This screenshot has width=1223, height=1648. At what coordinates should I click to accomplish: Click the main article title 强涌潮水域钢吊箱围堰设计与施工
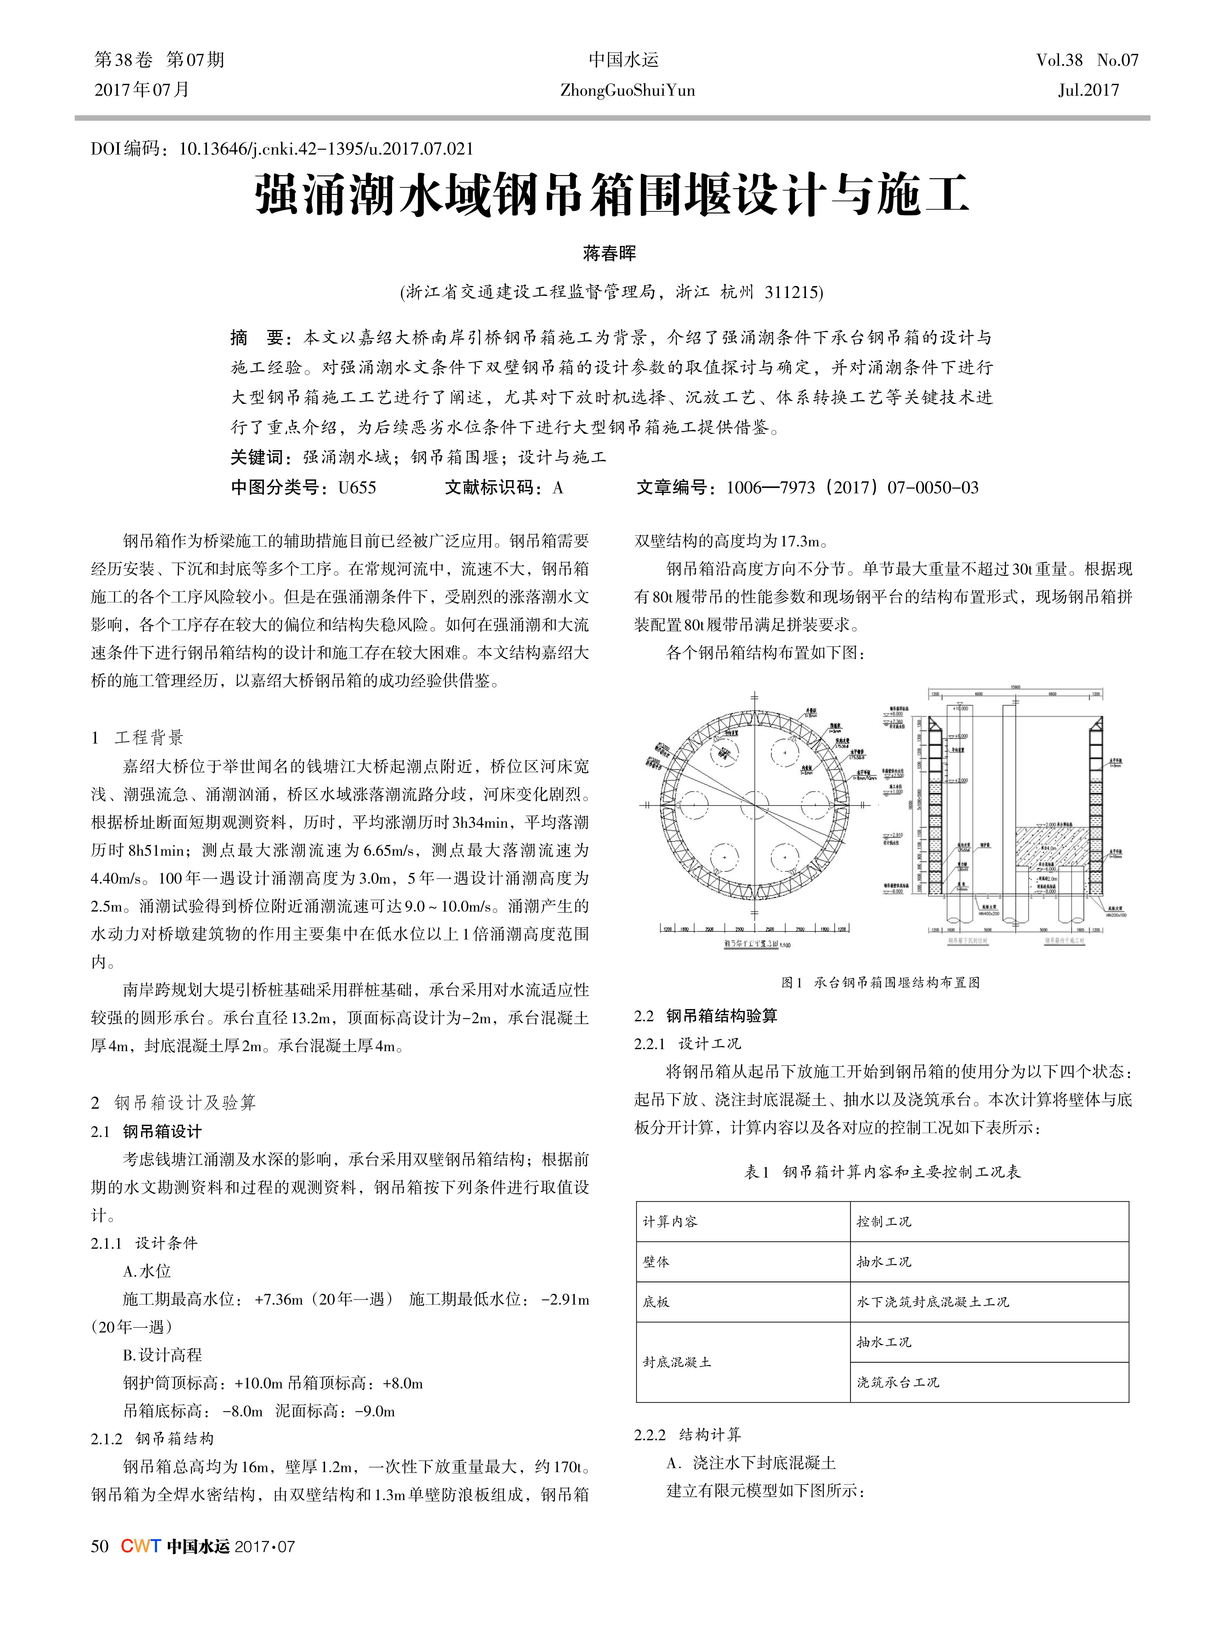pyautogui.click(x=611, y=196)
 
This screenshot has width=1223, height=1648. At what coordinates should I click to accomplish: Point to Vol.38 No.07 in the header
pyautogui.click(x=1087, y=60)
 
